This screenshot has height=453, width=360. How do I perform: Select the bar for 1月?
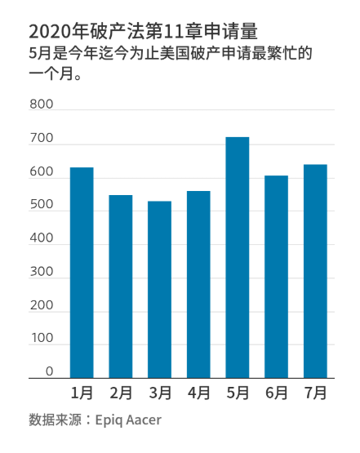tap(82, 273)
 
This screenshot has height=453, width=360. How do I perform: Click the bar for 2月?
tap(121, 286)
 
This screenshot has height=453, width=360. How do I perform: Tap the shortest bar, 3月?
tap(159, 290)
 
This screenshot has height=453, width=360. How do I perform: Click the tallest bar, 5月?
tap(238, 257)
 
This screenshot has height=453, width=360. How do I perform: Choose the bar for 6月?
tap(276, 277)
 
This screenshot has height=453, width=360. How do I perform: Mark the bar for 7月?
tap(315, 271)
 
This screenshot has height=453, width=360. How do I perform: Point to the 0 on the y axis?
tap(48, 371)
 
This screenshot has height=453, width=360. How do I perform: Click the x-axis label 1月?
tap(82, 393)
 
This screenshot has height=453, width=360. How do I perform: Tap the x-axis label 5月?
tap(238, 393)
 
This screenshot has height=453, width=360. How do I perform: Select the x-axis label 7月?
tap(315, 393)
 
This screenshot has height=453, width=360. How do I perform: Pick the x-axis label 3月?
tap(159, 393)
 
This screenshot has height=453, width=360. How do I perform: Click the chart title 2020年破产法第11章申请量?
tap(144, 31)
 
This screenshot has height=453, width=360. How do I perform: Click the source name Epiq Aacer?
tap(128, 420)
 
